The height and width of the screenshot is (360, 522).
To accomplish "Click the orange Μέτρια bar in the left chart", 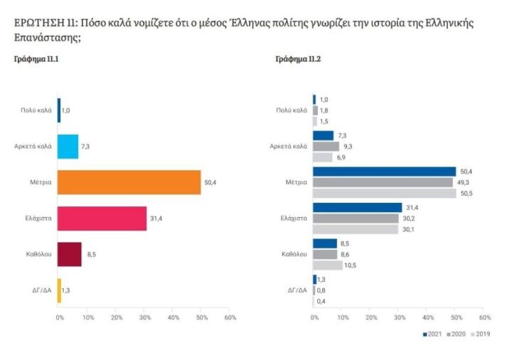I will point(129,182).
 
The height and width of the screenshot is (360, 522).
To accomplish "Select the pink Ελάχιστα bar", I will point(102,218).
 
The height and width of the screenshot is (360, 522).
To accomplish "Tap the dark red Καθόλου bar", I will point(69,254).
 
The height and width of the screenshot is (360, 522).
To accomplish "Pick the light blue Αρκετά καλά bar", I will point(68,146).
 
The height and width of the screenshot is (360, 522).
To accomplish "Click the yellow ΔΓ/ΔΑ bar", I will point(59,290).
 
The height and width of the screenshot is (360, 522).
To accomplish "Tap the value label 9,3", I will point(348,146).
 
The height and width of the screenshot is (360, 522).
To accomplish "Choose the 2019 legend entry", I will point(481,334).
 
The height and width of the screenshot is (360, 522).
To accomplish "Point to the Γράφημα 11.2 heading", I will point(297,59).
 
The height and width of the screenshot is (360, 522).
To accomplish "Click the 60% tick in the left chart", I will point(230,316).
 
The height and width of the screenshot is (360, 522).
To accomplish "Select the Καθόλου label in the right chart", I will point(294,253).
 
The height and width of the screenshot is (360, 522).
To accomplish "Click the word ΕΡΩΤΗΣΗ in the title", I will point(40,23).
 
